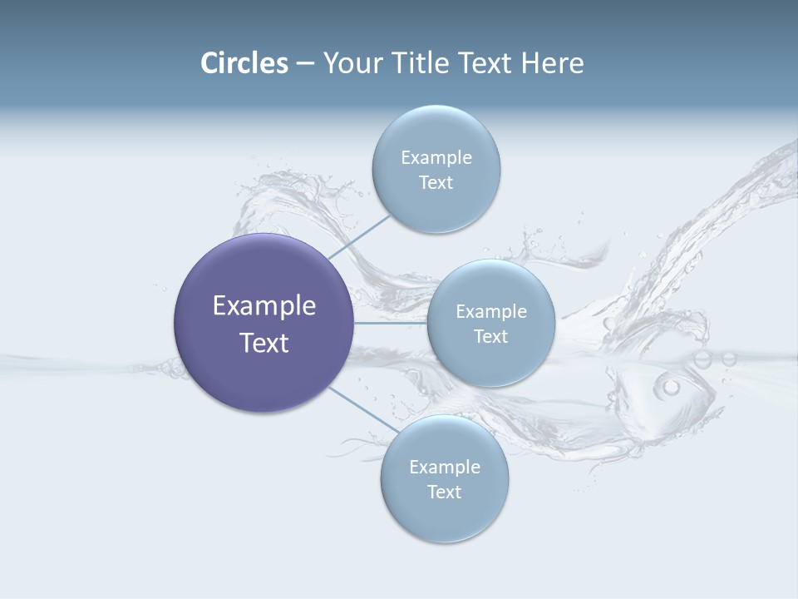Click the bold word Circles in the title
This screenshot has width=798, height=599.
(x=244, y=63)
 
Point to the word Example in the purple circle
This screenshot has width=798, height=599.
(x=264, y=305)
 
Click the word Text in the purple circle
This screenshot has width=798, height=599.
(x=264, y=343)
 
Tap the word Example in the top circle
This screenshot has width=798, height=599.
(x=436, y=157)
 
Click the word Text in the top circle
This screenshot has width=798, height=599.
(x=436, y=182)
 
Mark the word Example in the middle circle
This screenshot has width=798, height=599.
(x=491, y=311)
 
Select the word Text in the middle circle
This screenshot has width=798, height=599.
(x=491, y=336)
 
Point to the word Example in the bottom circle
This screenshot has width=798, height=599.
(x=445, y=467)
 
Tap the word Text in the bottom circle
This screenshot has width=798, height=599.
(x=445, y=492)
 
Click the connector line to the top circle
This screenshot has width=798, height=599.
(x=359, y=236)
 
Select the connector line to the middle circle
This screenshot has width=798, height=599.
(x=391, y=323)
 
